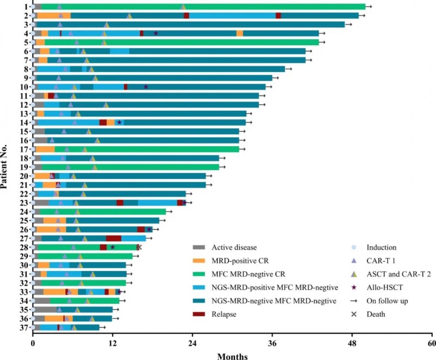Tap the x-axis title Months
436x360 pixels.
point(233,356)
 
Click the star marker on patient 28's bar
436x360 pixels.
point(113,247)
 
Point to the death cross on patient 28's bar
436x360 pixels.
point(140,247)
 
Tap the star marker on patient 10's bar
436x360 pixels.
point(146,87)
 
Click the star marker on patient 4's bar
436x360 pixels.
point(156,33)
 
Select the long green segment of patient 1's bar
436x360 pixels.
point(202,7)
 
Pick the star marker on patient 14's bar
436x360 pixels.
point(119,122)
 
